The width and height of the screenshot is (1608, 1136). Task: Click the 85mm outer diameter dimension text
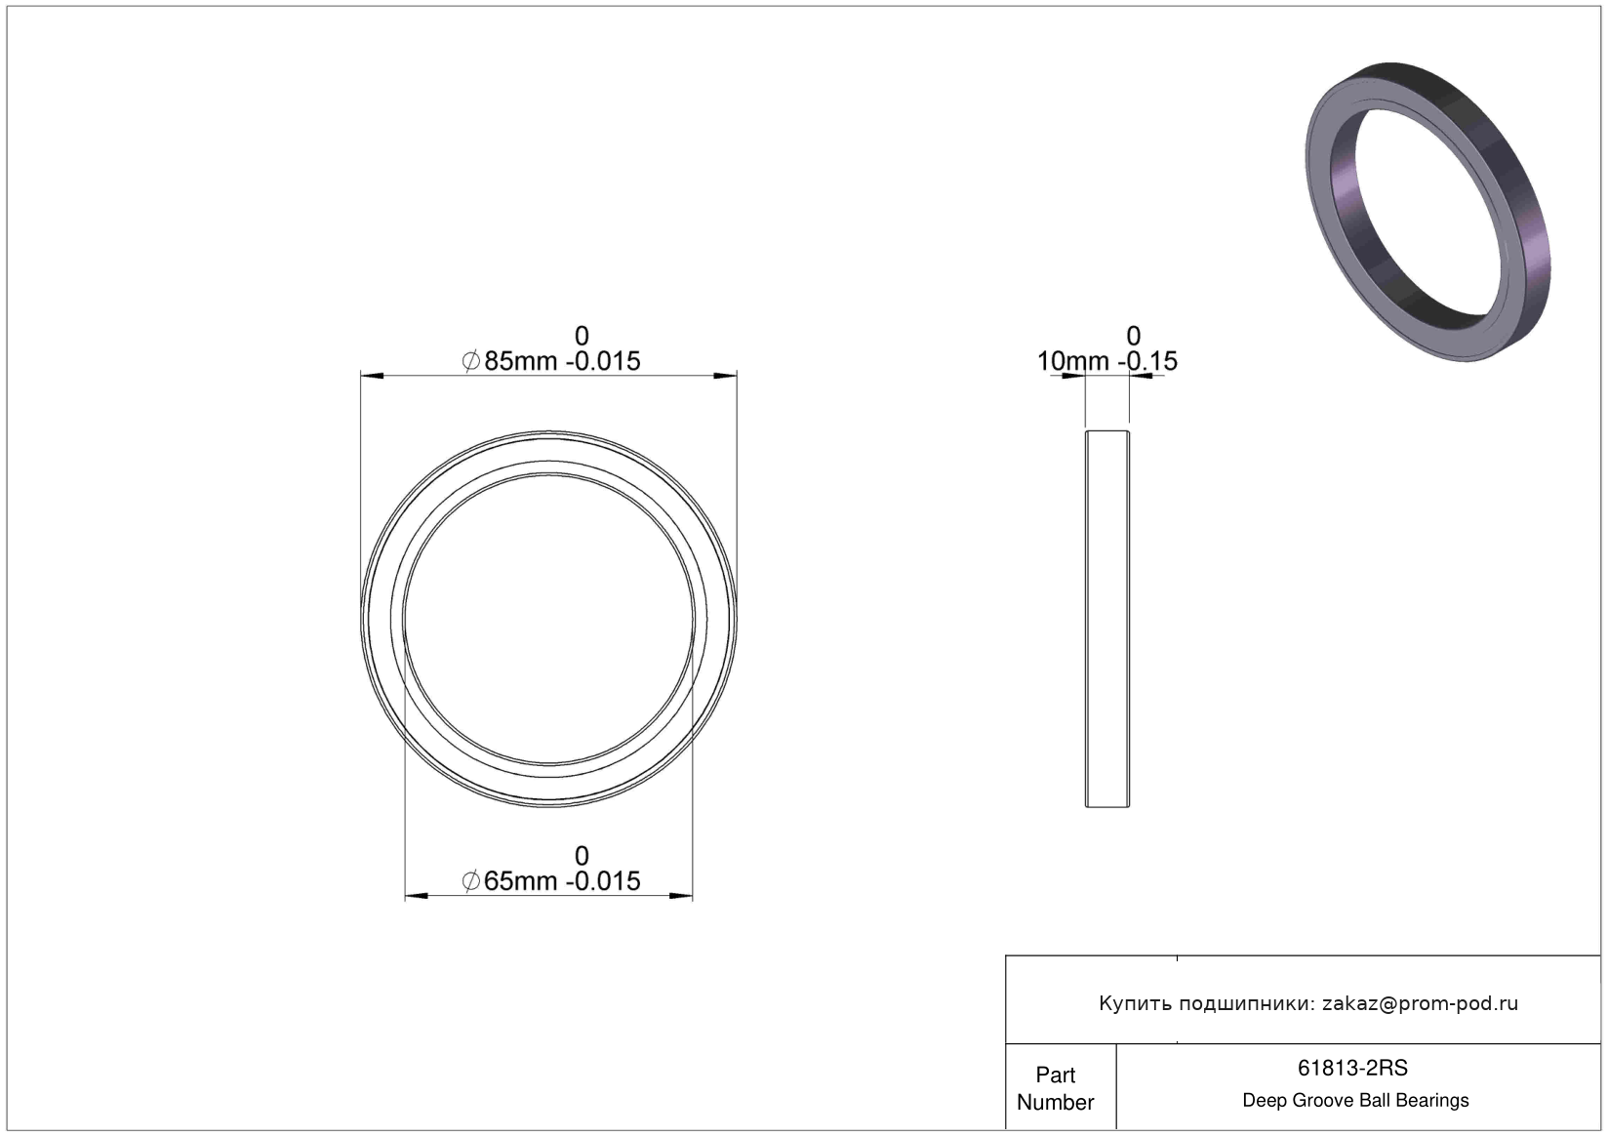tap(550, 360)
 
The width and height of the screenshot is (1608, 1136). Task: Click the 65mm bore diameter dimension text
tap(550, 880)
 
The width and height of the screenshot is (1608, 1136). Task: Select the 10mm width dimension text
tap(1106, 360)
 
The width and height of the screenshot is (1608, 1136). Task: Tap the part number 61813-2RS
tap(1352, 1068)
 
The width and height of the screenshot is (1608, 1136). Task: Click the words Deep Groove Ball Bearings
tap(1355, 1100)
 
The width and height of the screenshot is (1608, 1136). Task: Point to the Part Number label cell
tap(1056, 1088)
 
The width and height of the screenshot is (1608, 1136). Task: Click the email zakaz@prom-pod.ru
tap(1420, 1003)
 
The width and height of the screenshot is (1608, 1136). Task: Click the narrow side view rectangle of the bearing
tap(1106, 619)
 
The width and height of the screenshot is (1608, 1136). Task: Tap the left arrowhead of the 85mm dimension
tap(372, 376)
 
